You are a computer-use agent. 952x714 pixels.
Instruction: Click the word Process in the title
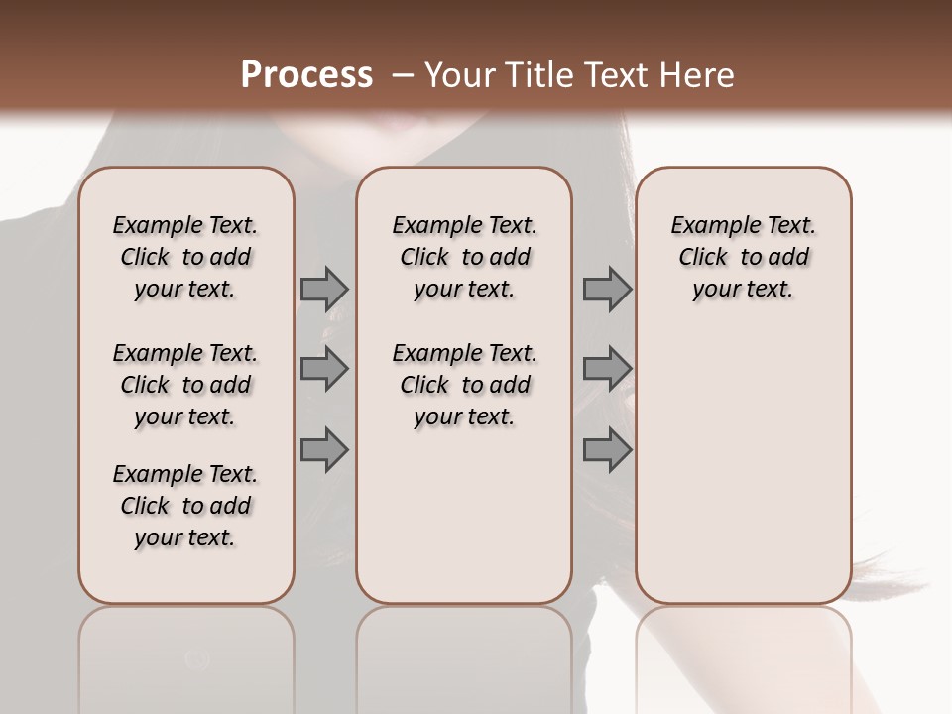coord(306,74)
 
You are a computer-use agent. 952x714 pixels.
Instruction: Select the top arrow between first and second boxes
coord(324,289)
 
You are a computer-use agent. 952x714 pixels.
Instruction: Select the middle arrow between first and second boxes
coord(324,369)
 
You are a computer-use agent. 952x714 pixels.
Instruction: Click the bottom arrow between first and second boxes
coord(324,449)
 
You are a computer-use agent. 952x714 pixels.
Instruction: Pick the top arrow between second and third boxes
coord(607,289)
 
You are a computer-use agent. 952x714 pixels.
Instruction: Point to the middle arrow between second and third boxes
coord(607,369)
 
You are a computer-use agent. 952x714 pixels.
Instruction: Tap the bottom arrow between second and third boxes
coord(607,449)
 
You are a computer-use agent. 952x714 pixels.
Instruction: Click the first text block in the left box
coord(185,257)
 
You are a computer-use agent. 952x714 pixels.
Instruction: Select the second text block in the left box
coord(185,385)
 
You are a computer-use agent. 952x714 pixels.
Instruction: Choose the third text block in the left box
coord(185,506)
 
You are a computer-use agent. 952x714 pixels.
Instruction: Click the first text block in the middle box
coord(464,257)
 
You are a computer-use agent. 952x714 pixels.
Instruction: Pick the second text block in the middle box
coord(464,385)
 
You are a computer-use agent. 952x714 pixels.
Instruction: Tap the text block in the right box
coord(743,257)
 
